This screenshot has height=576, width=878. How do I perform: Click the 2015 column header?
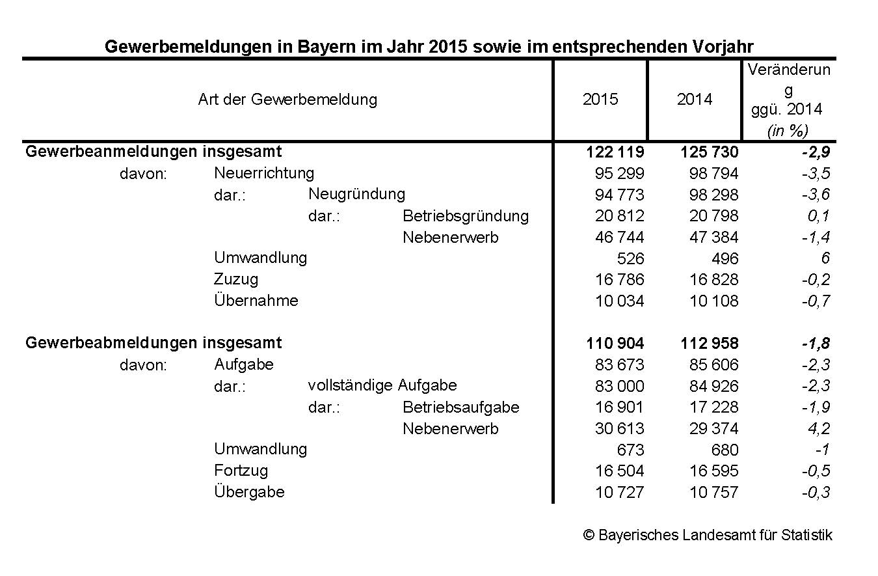click(x=600, y=100)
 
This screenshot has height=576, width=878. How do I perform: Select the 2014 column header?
click(x=695, y=100)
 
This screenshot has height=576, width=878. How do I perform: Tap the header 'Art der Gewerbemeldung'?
click(x=287, y=100)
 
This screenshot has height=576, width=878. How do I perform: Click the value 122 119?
click(x=615, y=152)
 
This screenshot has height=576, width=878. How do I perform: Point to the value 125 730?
click(x=710, y=152)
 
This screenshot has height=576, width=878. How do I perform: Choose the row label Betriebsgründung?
click(x=466, y=216)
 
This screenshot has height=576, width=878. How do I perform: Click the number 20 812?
click(x=619, y=216)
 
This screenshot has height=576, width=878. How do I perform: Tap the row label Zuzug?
click(x=236, y=279)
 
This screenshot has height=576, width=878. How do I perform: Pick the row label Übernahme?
click(x=256, y=301)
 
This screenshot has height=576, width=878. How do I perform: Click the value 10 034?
click(x=619, y=301)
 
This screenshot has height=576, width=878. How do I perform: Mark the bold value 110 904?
click(x=615, y=344)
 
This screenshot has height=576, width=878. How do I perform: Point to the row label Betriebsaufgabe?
click(x=461, y=407)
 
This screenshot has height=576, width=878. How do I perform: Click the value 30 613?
click(x=619, y=429)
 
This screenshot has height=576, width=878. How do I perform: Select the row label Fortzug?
click(x=241, y=471)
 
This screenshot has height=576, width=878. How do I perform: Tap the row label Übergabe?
click(x=249, y=492)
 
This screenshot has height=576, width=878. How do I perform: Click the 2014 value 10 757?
click(x=713, y=493)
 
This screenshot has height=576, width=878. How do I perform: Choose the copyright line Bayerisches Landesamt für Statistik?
click(x=708, y=536)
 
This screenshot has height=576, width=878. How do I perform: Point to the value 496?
click(x=725, y=259)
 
